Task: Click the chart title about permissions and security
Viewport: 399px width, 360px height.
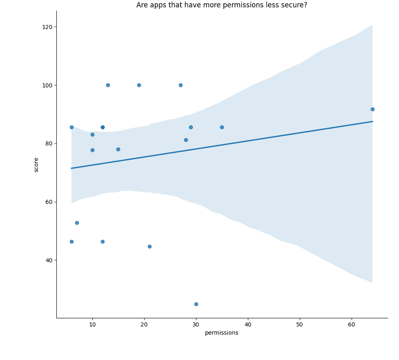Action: click(x=221, y=5)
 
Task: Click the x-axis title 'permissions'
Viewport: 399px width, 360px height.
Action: click(x=221, y=333)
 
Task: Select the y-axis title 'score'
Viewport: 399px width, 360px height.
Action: click(x=36, y=165)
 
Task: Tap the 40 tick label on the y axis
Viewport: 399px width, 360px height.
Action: click(x=49, y=260)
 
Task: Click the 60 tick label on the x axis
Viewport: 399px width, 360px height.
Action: click(x=351, y=324)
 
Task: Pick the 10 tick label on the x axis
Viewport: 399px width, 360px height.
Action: click(x=92, y=324)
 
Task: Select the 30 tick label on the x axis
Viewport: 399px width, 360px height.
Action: click(x=196, y=324)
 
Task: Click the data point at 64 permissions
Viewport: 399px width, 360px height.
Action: click(x=372, y=109)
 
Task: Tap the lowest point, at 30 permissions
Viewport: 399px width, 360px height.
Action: click(x=196, y=304)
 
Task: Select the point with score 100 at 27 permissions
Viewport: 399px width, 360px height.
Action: click(x=181, y=85)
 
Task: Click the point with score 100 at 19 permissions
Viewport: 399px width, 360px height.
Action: click(x=139, y=85)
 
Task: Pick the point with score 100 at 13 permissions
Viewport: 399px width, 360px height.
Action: click(x=108, y=85)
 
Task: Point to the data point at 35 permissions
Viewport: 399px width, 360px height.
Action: click(x=222, y=127)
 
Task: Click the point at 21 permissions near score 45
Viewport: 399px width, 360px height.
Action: click(x=149, y=246)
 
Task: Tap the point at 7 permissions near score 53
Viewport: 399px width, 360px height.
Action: click(x=77, y=223)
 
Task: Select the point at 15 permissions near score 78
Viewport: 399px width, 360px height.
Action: click(x=118, y=149)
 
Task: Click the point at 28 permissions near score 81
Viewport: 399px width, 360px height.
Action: click(x=186, y=140)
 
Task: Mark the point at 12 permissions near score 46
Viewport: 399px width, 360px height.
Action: click(x=103, y=241)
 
